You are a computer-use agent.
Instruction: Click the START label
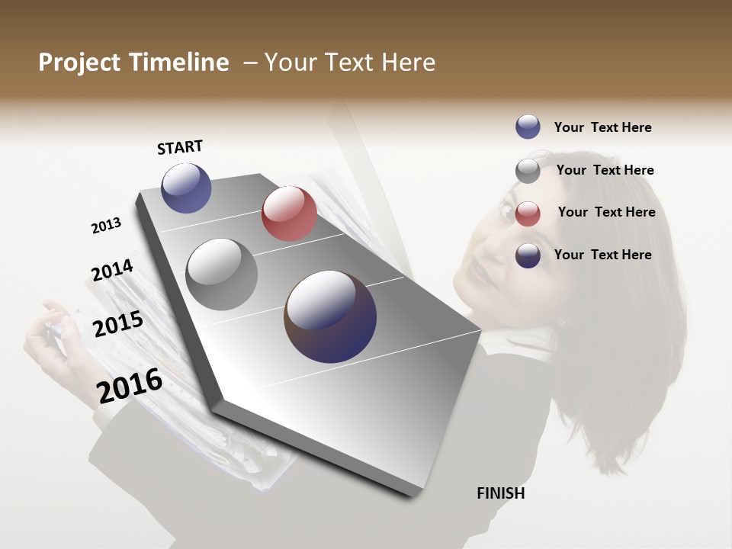180,147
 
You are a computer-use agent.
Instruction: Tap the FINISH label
500,493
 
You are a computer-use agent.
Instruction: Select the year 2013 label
106,226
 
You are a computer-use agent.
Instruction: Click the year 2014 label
112,271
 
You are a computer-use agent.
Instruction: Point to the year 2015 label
117,324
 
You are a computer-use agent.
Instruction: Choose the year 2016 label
130,385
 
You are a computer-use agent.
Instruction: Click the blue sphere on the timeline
186,188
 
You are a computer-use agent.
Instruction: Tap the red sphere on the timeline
289,213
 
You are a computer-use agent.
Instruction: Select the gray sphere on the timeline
222,274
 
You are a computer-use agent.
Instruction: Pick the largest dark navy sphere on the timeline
330,316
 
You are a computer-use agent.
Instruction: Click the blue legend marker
528,127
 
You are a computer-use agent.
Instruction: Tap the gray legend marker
528,171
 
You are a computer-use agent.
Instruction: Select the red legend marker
528,213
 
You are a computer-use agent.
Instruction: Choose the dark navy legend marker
528,255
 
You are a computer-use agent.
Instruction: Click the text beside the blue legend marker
602,127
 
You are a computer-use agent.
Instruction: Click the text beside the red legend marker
606,212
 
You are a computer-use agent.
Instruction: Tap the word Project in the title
77,63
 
